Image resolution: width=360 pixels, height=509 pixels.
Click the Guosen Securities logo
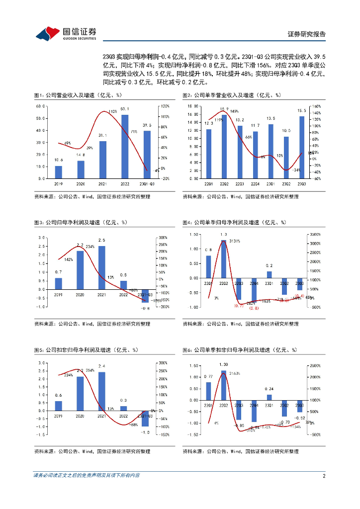coord(65,33)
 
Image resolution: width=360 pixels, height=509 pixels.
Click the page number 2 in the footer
coord(324,476)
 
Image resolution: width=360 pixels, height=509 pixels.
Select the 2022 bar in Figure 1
coord(124,147)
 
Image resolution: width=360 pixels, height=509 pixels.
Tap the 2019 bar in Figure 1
coord(59,172)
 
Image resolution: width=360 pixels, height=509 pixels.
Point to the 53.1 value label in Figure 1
coord(124,109)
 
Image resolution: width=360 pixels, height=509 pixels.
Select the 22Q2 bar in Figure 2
coord(224,147)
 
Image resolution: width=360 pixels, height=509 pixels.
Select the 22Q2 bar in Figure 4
coord(224,259)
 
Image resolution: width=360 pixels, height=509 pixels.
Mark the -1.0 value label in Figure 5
coord(144,432)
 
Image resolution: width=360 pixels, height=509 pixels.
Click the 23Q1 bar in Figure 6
coord(269,397)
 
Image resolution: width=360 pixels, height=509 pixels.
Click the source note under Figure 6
coord(240,451)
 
